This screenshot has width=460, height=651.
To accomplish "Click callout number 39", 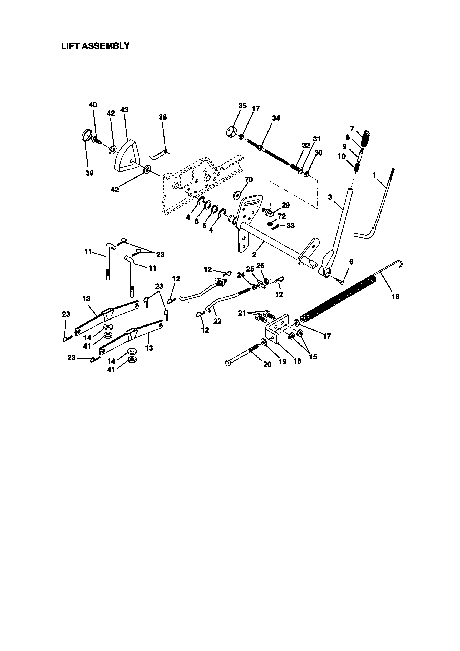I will (90, 173).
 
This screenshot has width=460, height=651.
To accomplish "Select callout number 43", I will (124, 110).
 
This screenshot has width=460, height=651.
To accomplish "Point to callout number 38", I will (163, 117).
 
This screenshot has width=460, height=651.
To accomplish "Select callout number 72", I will (282, 216).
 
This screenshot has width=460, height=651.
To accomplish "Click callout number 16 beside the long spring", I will (395, 297).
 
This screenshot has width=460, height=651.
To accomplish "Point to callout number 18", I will (297, 361).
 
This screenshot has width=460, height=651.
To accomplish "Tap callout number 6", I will (351, 262).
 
